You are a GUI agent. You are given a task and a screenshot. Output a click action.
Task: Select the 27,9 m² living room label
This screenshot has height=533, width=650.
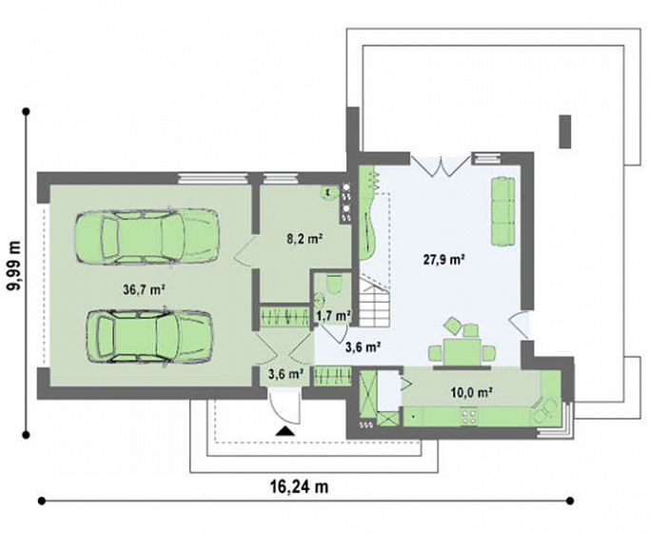pos(443,260)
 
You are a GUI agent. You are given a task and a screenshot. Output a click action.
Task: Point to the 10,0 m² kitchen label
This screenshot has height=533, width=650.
pos(471,392)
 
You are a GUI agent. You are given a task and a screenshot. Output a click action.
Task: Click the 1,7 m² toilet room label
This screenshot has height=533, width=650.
pos(334,316)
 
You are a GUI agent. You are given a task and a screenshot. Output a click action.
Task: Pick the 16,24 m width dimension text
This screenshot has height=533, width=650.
pos(299,486)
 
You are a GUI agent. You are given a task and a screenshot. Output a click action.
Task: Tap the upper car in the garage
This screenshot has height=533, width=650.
pos(148,236)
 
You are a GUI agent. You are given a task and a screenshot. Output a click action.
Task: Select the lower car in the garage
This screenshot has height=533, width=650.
pos(149,337)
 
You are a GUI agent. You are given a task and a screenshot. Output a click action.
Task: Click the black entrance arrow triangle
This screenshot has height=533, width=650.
pos(285,431)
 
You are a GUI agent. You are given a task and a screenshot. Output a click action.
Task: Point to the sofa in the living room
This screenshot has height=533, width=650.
pos(503,211)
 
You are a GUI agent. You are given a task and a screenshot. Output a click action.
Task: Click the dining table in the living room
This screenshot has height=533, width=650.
pos(462,353)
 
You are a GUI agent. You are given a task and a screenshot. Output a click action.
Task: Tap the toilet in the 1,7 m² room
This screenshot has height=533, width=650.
pos(334,284)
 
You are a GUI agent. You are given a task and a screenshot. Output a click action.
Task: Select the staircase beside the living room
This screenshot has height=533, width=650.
pos(374,303)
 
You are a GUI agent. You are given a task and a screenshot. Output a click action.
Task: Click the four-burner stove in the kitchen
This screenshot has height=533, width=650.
pos(469,417)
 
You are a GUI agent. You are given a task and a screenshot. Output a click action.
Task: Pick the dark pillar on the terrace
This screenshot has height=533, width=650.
pos(565,131)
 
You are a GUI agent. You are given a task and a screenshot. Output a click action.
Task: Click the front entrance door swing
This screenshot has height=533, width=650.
pos(284,407)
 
